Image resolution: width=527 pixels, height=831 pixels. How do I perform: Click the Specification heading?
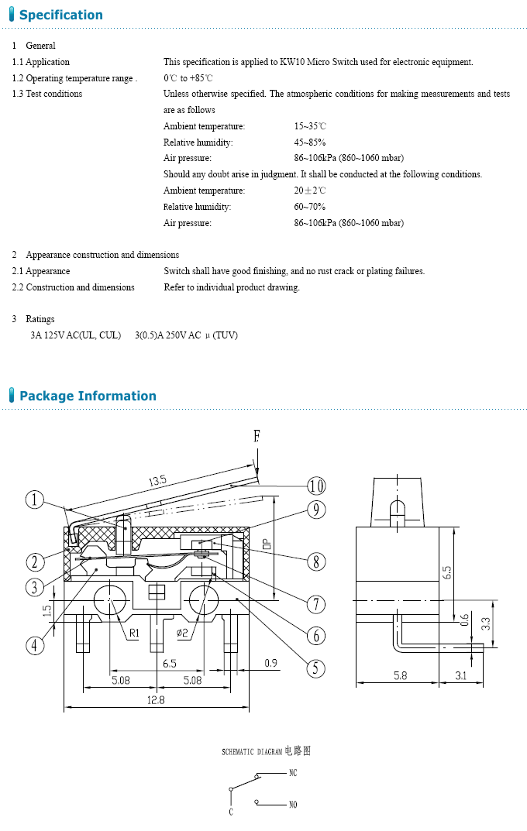point(60,15)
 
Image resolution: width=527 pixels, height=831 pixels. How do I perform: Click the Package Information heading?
point(88,396)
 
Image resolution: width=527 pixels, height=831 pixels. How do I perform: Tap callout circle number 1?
point(35,500)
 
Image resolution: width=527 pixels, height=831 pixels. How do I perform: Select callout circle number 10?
point(315,486)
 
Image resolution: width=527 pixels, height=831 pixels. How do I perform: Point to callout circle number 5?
point(315,668)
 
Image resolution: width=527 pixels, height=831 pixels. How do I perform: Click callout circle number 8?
point(315,561)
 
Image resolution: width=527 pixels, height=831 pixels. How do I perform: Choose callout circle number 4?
point(35,644)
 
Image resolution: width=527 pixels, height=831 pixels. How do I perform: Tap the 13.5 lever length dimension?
point(157,481)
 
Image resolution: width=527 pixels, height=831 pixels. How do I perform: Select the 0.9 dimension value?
point(270,662)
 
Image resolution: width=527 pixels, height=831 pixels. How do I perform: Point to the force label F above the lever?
point(257,437)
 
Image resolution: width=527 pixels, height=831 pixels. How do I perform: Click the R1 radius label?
point(134,634)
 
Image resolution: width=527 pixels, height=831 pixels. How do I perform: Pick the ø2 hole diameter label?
point(182,634)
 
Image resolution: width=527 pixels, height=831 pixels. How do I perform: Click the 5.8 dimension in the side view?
point(400,676)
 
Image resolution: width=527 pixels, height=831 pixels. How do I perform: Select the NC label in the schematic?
point(292,773)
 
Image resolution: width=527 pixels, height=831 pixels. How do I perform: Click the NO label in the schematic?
point(292,805)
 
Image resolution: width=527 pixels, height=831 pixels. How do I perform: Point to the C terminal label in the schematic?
point(230,812)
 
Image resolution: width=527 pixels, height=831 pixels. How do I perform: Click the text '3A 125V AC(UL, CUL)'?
point(75,335)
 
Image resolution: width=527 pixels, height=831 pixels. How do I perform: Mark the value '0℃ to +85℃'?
point(188,78)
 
